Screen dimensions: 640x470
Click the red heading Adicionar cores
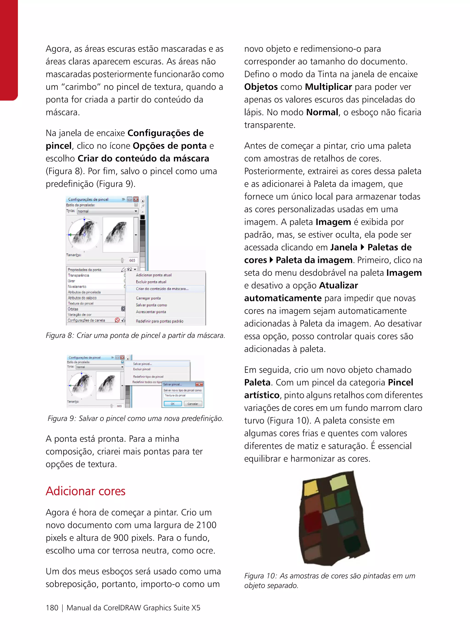pyautogui.click(x=85, y=491)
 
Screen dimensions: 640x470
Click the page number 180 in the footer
pyautogui.click(x=52, y=608)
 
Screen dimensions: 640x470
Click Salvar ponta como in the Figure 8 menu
pyautogui.click(x=151, y=305)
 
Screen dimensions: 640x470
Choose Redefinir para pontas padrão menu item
pyautogui.click(x=159, y=321)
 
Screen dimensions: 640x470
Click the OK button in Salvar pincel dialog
pyautogui.click(x=172, y=404)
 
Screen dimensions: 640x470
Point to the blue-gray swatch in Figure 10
pyautogui.click(x=331, y=517)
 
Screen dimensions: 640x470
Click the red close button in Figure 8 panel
pyautogui.click(x=136, y=199)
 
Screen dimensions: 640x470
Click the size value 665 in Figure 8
pyautogui.click(x=132, y=260)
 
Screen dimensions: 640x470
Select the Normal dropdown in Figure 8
pyautogui.click(x=108, y=211)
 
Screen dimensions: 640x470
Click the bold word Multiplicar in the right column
pyautogui.click(x=328, y=87)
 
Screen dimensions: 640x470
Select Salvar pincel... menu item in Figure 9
pyautogui.click(x=143, y=364)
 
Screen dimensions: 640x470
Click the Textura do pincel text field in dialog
pyautogui.click(x=183, y=395)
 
